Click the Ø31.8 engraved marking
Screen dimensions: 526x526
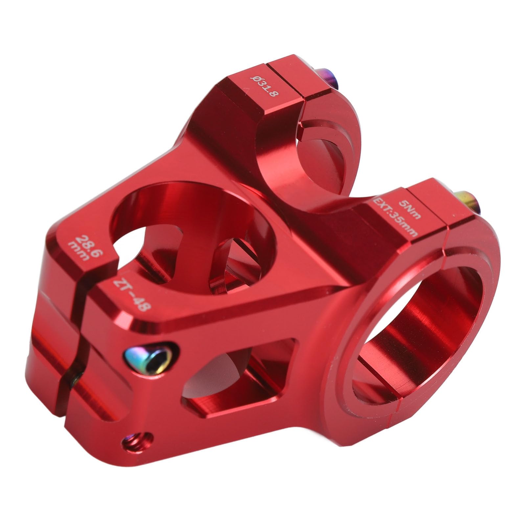(264, 86)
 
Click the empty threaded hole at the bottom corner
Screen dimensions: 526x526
(138, 442)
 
